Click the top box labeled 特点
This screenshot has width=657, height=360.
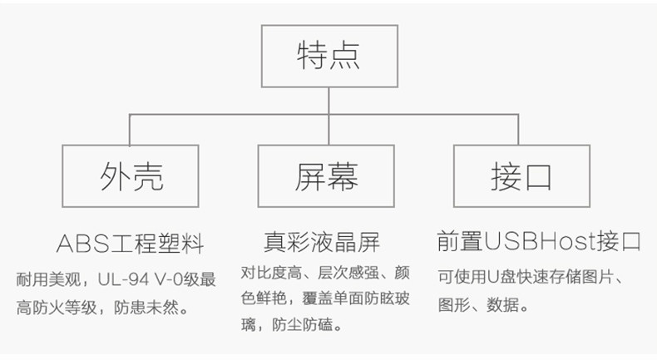329,57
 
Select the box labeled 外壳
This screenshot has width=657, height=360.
131,176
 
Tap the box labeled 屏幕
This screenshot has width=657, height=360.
326,176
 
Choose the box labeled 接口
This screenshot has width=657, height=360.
521,176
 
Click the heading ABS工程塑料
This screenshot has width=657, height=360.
131,244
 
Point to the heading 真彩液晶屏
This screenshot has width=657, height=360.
322,242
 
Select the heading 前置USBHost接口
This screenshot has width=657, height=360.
539,241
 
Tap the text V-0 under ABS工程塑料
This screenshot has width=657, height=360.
170,279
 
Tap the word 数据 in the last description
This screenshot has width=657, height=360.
502,305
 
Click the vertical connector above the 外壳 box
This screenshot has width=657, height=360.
130,130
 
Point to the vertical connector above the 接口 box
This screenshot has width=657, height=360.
518,130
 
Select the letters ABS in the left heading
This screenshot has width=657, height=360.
83,244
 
